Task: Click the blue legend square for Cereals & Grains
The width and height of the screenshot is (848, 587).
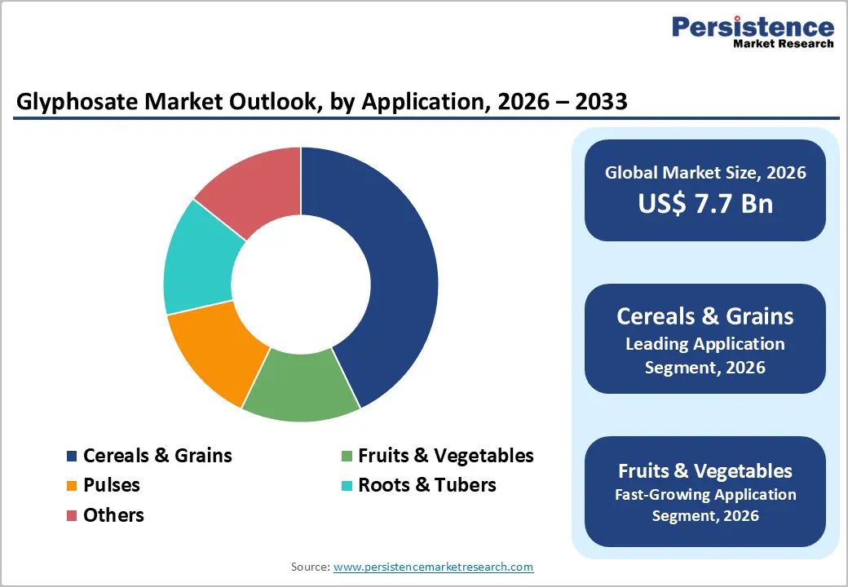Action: click(72, 456)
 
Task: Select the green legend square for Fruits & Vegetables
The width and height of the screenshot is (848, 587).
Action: click(347, 456)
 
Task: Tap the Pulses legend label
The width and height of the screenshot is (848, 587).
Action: click(111, 485)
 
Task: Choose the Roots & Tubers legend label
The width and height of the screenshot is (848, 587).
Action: click(426, 485)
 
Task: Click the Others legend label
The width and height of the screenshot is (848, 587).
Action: click(113, 515)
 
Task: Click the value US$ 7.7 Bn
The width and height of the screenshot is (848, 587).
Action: click(704, 203)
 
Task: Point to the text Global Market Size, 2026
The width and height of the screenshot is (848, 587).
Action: click(704, 172)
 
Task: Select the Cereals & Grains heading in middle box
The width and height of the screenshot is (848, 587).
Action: click(704, 316)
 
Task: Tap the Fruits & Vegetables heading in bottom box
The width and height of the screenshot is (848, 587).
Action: click(704, 470)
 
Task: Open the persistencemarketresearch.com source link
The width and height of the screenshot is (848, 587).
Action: click(433, 567)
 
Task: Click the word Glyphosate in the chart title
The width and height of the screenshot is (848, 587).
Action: click(70, 104)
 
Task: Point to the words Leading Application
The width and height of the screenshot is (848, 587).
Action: click(704, 344)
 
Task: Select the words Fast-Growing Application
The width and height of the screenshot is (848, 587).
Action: click(704, 494)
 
